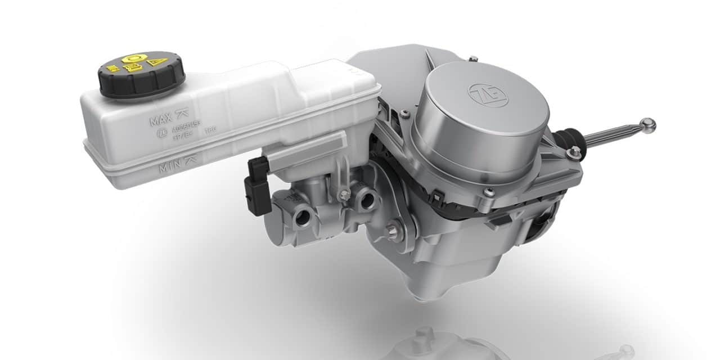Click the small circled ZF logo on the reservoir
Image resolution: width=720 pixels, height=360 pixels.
click(159, 136)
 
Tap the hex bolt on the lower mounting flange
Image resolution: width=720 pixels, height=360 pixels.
click(393, 230)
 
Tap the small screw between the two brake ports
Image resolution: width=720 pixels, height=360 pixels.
click(339, 193)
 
